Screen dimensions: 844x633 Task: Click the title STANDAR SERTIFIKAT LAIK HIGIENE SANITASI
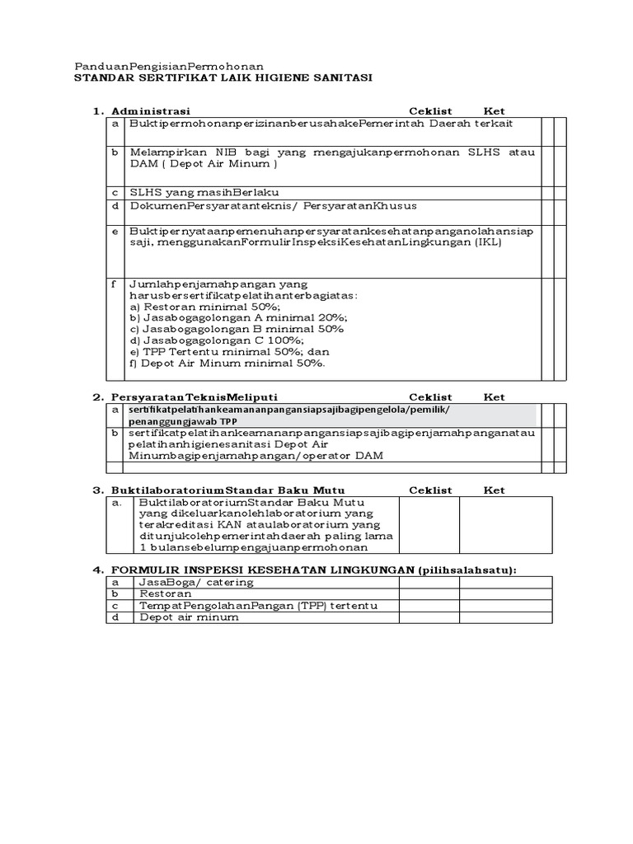coord(223,77)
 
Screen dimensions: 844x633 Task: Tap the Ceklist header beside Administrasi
coord(431,110)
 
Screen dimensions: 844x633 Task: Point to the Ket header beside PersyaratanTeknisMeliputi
coord(494,397)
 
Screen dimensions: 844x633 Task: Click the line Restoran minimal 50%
coord(194,306)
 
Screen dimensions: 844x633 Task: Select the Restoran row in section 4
coord(166,593)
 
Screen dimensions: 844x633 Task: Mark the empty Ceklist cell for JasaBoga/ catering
coord(429,582)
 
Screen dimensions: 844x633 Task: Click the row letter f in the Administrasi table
coord(115,283)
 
